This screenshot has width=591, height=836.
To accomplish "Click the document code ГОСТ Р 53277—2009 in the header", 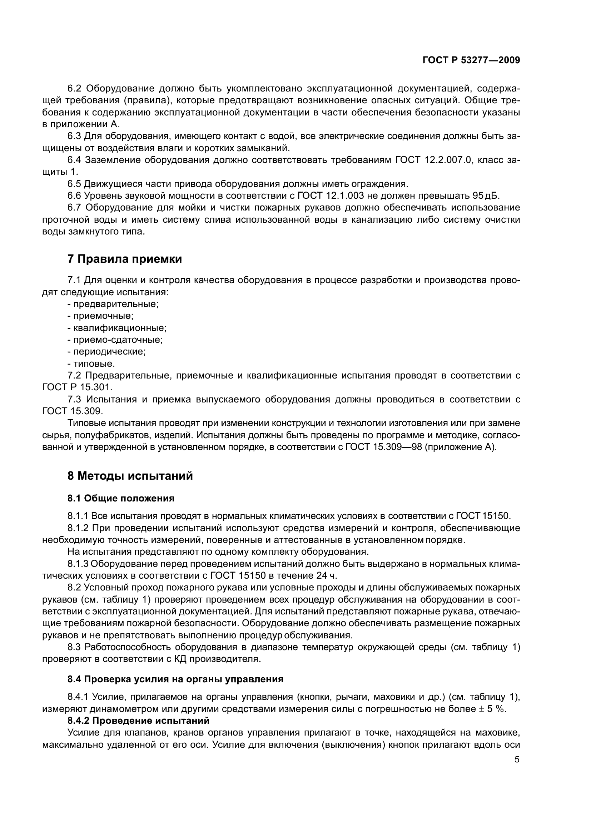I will pos(471,60).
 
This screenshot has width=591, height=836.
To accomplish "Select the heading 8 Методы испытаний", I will pos(130,475).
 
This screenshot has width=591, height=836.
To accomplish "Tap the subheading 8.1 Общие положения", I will pos(121,498).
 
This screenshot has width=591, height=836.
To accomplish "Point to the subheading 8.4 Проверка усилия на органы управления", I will pos(175,679).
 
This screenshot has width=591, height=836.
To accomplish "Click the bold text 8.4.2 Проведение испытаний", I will pos(138,721).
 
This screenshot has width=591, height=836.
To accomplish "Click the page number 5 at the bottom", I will pos(517,760).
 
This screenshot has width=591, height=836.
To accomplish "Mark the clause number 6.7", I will pos(75,208).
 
